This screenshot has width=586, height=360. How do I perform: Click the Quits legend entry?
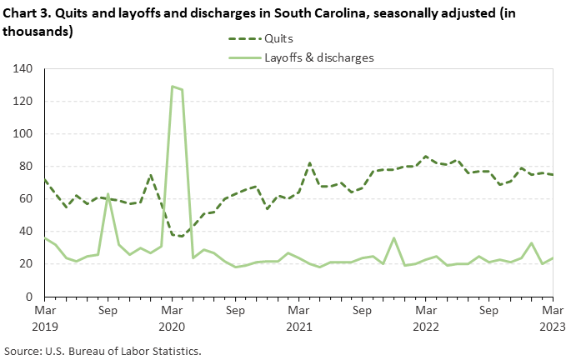282,38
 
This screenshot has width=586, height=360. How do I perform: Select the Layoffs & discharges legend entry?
318,58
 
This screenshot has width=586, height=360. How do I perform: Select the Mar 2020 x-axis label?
172,317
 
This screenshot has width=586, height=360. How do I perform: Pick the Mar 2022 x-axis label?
426,317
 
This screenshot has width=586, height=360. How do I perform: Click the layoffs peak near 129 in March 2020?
172,87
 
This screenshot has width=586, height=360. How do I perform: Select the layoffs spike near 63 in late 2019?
108,194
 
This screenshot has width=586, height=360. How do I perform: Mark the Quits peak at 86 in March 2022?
426,156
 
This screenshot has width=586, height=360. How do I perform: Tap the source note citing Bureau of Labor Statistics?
103,350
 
